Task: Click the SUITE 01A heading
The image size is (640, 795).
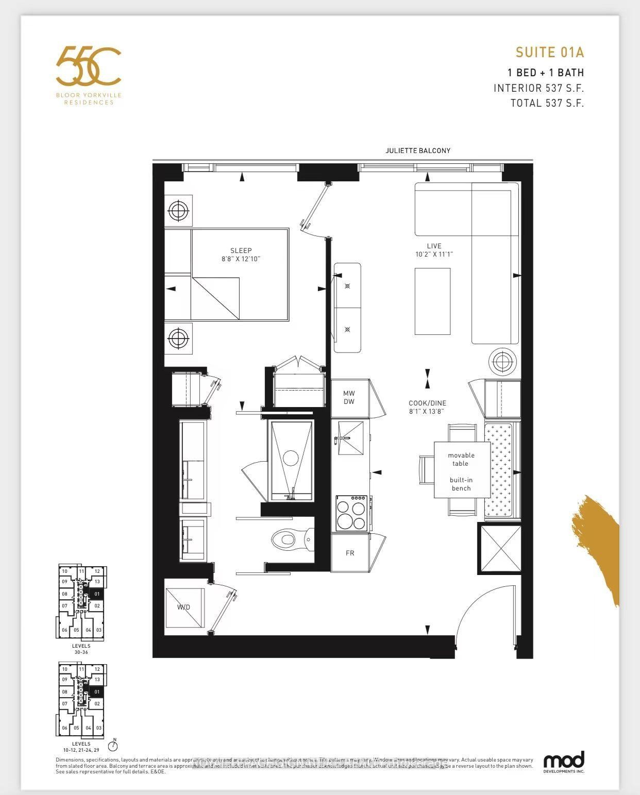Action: [x=549, y=52]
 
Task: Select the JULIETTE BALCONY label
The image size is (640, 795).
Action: [x=417, y=150]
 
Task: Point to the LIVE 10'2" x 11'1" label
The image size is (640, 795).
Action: [x=434, y=250]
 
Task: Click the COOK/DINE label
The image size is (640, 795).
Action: [x=427, y=407]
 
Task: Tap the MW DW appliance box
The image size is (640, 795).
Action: [x=349, y=398]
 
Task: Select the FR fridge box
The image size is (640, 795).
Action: [x=350, y=553]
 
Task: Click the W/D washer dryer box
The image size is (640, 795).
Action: [x=184, y=607]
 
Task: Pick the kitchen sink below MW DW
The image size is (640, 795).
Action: [x=350, y=438]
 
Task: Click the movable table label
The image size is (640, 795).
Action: [x=461, y=459]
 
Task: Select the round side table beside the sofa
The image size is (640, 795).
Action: [x=502, y=362]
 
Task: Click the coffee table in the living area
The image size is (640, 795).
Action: [x=432, y=301]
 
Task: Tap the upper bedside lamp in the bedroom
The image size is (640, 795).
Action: [x=178, y=210]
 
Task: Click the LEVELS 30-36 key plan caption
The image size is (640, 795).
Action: [x=81, y=649]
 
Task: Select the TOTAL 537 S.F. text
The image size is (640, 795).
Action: [x=547, y=103]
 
